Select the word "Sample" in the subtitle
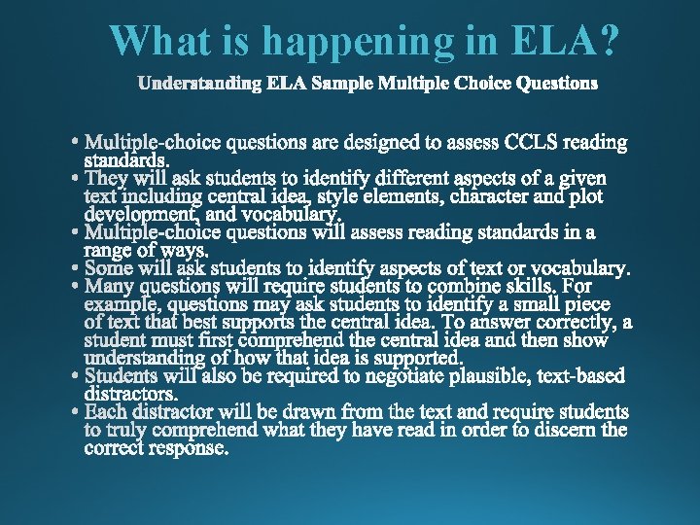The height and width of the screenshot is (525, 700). (346, 84)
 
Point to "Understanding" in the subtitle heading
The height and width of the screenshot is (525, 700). (199, 84)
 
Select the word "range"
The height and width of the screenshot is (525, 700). (110, 250)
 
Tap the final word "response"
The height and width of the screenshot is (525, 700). (187, 448)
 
